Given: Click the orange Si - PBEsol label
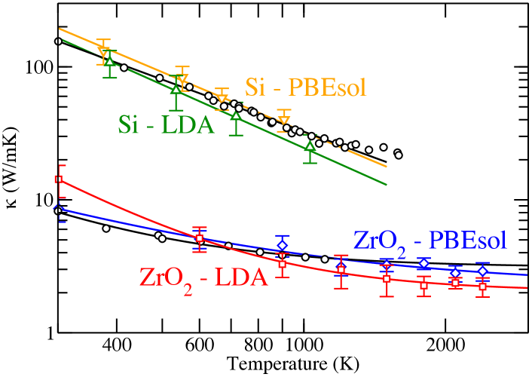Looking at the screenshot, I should (x=305, y=88).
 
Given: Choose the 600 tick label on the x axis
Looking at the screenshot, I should (x=200, y=346).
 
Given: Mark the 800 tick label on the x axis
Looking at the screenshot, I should (x=258, y=346).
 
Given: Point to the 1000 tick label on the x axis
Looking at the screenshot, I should (x=304, y=346).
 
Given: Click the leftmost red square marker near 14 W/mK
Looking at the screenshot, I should (x=59, y=179).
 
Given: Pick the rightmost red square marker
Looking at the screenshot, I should (x=483, y=287).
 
